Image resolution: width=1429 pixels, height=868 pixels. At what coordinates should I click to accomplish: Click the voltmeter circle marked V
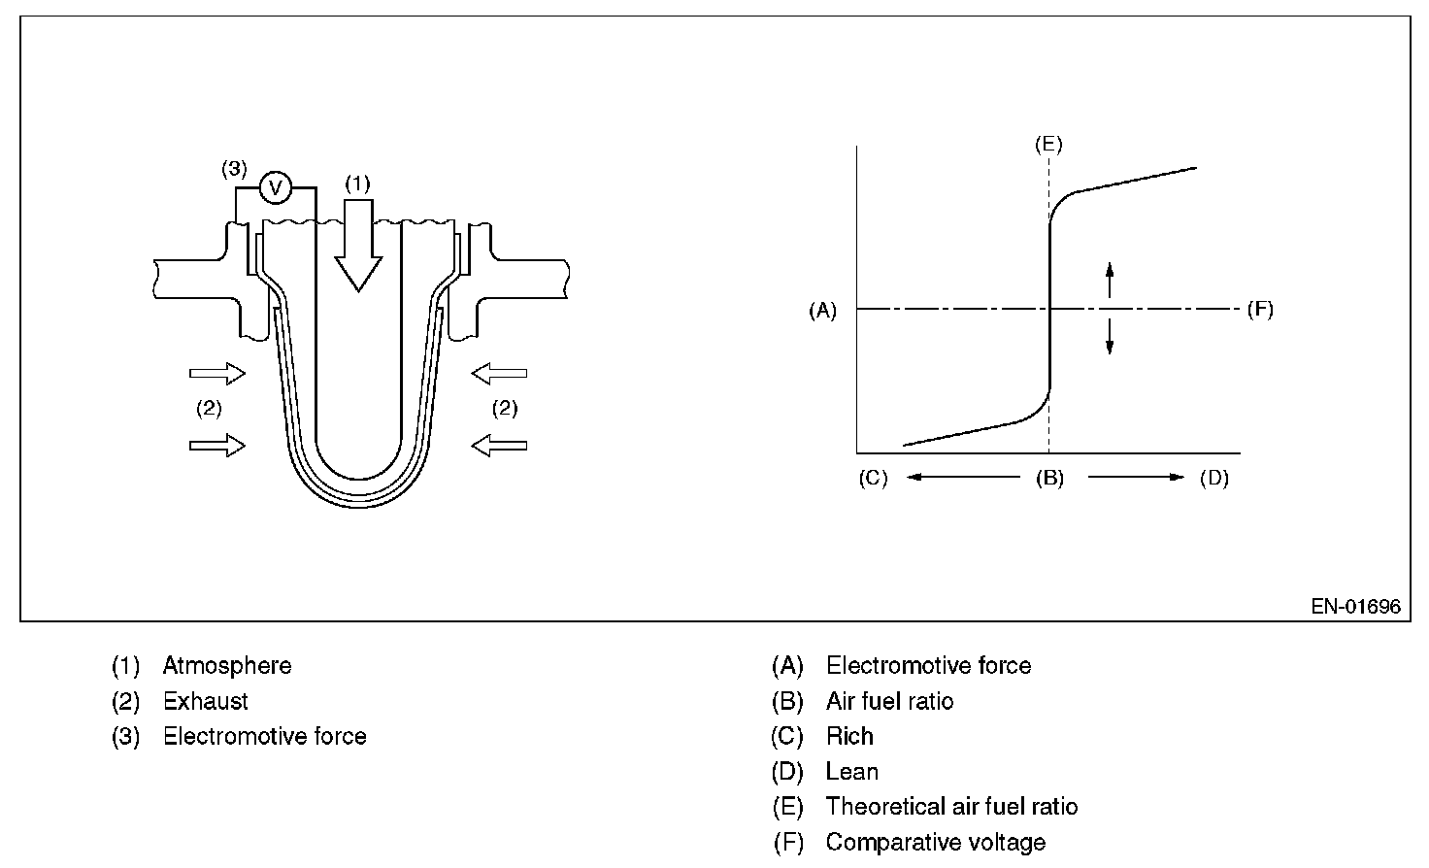point(277,187)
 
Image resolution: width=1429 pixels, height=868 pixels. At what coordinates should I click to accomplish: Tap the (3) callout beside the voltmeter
point(234,168)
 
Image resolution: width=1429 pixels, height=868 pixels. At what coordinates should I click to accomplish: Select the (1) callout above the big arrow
point(358,182)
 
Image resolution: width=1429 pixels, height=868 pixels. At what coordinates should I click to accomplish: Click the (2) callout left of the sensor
point(209,409)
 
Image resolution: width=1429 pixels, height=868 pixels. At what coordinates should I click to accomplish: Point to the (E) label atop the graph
point(1048,145)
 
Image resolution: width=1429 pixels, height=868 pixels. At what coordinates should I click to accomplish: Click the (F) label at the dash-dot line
point(1259,310)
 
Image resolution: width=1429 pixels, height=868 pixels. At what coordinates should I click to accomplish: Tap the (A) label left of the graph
point(822,310)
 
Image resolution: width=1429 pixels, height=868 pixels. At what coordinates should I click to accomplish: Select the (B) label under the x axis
point(1048,479)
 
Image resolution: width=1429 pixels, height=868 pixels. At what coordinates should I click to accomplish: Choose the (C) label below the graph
point(873,479)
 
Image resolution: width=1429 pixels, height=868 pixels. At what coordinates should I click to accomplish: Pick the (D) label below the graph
point(1214,479)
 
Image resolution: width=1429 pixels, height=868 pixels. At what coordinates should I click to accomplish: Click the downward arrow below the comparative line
point(1110,336)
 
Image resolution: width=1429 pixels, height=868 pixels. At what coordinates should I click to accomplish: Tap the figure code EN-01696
point(1355,607)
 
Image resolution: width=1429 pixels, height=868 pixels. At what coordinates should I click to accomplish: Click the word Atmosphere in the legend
point(227,666)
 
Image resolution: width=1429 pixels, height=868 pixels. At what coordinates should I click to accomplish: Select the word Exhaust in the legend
point(206,701)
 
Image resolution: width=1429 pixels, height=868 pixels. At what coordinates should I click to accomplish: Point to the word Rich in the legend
point(849,736)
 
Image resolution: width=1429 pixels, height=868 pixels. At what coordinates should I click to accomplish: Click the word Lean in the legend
point(852,772)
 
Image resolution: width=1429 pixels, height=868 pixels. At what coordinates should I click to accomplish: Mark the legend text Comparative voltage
point(935,842)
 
